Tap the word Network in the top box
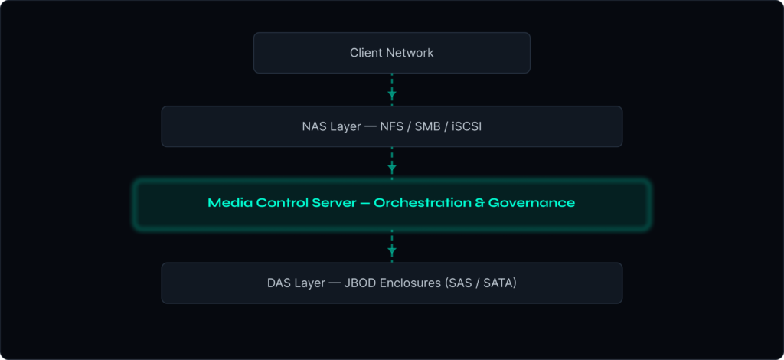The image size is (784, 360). coord(410,53)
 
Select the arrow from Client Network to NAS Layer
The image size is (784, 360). coord(392,90)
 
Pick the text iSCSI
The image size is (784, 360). coord(466,126)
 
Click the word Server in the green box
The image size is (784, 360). coord(328,204)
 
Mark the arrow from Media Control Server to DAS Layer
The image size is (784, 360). coord(392,247)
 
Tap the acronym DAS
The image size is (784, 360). coord(280,283)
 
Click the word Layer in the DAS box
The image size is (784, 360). coord(312,283)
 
